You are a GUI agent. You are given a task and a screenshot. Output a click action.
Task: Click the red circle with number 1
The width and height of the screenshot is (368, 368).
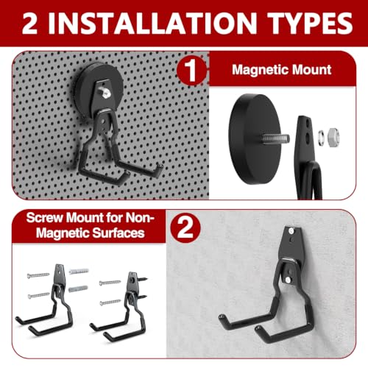[x=191, y=71]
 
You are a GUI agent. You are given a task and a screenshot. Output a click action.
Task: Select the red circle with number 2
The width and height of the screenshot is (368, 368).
[x=185, y=228]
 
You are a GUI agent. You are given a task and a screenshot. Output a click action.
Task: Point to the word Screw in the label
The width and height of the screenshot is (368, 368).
[x=44, y=218]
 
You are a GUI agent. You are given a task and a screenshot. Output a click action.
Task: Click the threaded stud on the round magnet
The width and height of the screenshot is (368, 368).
[x=275, y=139]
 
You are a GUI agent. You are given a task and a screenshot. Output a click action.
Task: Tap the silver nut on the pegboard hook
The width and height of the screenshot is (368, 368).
[x=104, y=92]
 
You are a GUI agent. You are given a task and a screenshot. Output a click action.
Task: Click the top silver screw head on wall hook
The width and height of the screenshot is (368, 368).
[x=291, y=230]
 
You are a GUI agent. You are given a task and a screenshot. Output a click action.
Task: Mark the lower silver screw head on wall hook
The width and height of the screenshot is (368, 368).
[x=288, y=279]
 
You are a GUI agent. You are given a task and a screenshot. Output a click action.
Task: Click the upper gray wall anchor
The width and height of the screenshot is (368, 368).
[x=79, y=272]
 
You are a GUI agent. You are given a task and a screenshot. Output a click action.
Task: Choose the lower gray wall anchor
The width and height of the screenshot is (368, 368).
[x=78, y=289]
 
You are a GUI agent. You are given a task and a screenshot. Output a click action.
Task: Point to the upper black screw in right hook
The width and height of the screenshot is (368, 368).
[x=142, y=279]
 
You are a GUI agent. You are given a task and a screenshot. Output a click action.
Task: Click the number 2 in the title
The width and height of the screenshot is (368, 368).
[x=29, y=23]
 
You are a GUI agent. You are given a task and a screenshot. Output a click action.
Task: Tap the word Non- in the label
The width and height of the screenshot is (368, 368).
[x=140, y=218]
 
